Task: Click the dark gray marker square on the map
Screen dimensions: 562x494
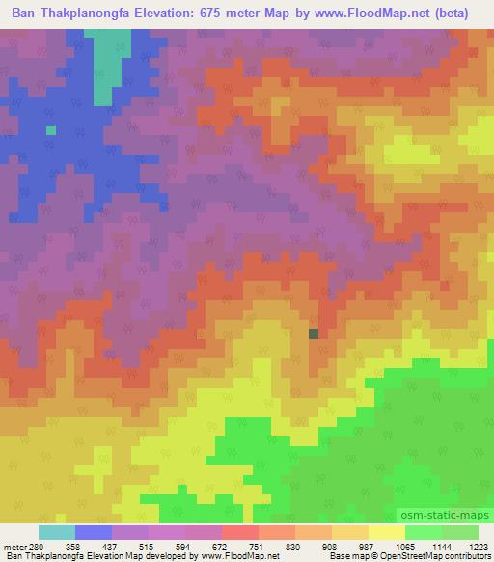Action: click(x=314, y=334)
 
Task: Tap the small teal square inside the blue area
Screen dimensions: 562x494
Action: click(x=51, y=129)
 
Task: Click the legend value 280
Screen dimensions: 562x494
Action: click(x=38, y=546)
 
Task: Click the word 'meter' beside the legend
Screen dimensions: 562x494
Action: click(x=14, y=546)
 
